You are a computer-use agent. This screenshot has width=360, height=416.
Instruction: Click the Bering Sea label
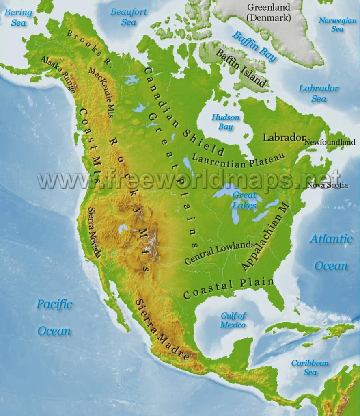18,17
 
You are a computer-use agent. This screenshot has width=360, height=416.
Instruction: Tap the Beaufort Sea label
129,17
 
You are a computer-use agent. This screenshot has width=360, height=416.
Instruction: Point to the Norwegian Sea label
337,24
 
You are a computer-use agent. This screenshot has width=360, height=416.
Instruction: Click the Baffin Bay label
254,46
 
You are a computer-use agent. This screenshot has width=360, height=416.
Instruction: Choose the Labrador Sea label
319,93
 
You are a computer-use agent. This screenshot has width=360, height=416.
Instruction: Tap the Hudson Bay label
225,122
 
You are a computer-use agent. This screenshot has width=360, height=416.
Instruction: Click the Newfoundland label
330,142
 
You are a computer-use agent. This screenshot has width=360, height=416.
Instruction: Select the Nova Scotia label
328,185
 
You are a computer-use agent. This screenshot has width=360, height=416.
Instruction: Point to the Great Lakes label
244,200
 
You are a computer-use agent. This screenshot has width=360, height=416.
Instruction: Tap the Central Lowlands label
220,253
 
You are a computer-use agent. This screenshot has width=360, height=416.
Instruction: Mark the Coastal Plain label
228,287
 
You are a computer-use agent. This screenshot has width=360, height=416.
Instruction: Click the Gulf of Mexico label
233,320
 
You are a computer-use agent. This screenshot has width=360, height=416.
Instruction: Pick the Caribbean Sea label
310,367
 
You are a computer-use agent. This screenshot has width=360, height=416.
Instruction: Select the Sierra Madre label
162,329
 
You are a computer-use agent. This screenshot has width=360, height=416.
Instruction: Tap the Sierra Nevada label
94,232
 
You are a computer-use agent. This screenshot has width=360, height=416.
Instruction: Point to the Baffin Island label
241,67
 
